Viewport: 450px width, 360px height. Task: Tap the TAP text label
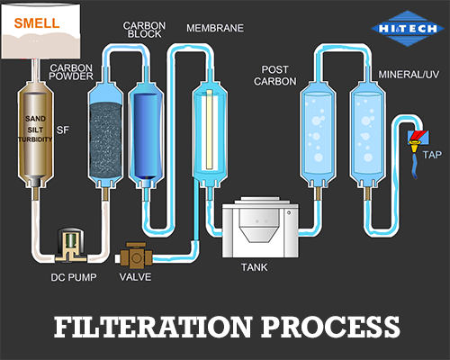pyautogui.click(x=433, y=156)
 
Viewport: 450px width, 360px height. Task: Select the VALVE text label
pyautogui.click(x=135, y=276)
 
